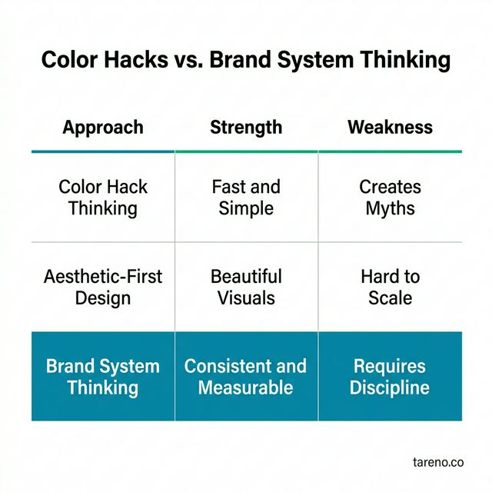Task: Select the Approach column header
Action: pos(103,128)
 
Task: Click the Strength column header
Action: pos(246,128)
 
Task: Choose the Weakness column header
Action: pos(390,128)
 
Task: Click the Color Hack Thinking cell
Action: pos(103,198)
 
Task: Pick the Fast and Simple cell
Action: pos(246,198)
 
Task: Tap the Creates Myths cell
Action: pos(390,198)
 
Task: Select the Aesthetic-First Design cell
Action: pos(103,287)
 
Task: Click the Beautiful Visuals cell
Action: pos(246,287)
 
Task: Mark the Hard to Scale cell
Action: pos(390,287)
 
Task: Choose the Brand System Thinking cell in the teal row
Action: pos(103,376)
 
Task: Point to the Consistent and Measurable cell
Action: pos(246,376)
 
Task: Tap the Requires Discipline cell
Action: pos(390,376)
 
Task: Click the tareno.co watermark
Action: pos(437,462)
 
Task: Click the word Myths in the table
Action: pos(390,208)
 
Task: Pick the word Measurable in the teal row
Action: pos(246,387)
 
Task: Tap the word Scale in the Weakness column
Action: pos(390,298)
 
